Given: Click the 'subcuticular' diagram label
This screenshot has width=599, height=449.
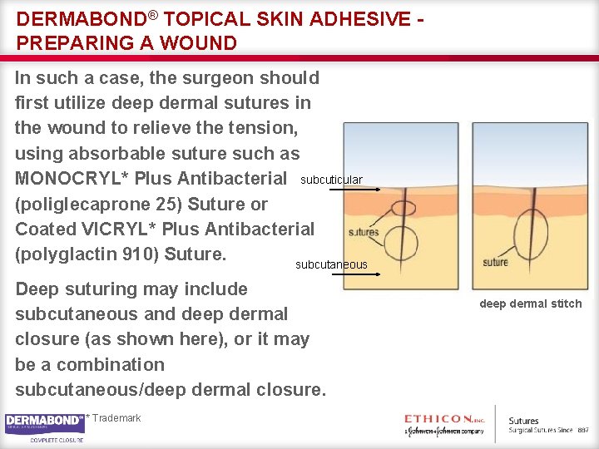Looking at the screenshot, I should click(x=331, y=180).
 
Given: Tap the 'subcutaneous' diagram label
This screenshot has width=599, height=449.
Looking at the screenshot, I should click(x=331, y=264).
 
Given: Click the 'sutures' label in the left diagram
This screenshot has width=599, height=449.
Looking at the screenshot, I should click(x=364, y=233).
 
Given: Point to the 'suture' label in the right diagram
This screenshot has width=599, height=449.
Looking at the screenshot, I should click(x=496, y=263).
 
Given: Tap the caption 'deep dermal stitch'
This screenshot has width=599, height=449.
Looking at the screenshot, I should click(x=531, y=303).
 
